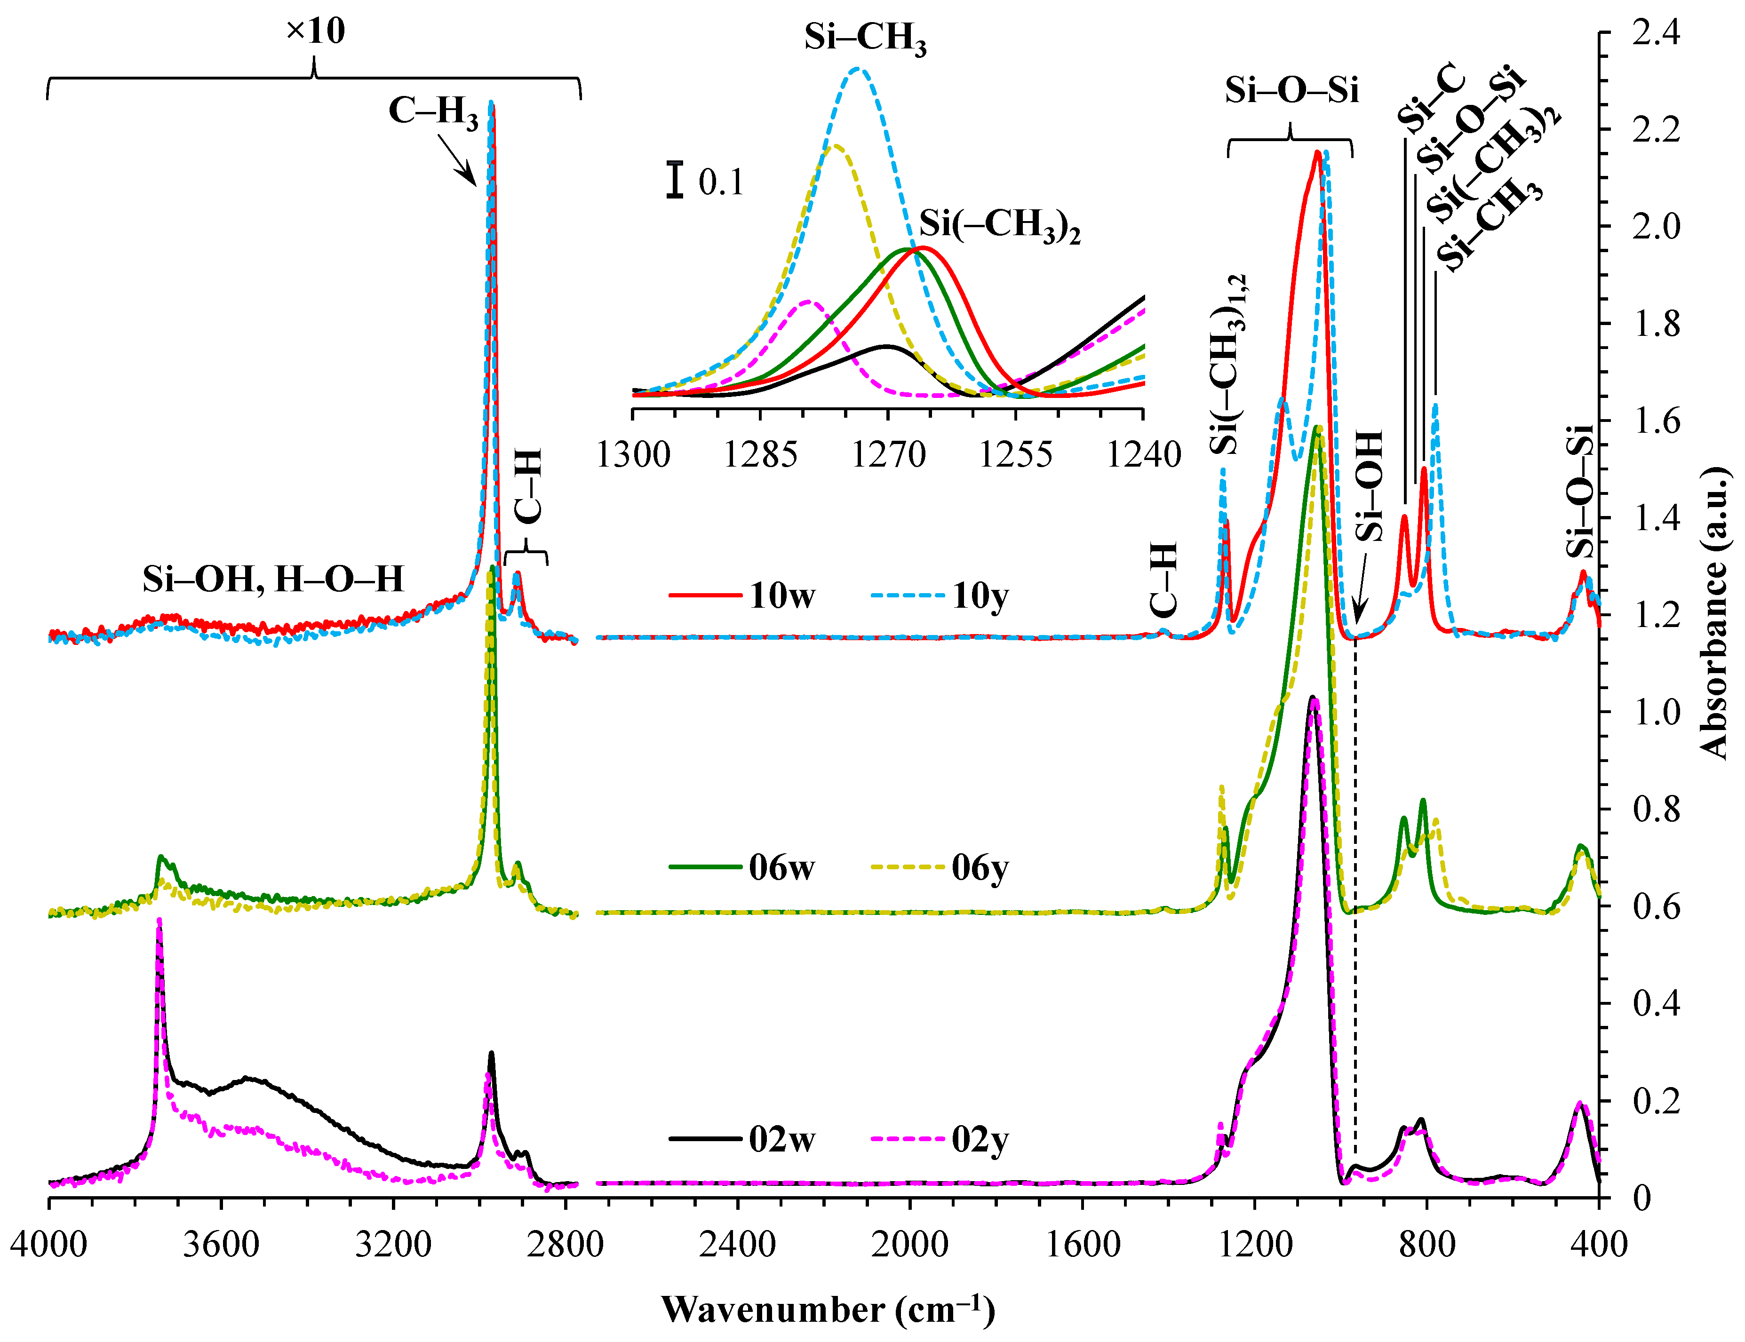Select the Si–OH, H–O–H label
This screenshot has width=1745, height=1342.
tap(273, 579)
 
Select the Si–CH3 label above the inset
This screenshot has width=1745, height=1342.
tap(865, 39)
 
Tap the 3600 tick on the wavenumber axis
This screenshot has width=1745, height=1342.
tap(221, 1245)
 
